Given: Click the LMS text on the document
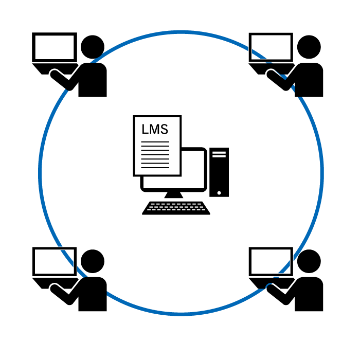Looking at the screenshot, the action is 155,129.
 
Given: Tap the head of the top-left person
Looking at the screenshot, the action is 93,47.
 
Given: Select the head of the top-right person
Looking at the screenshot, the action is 309,47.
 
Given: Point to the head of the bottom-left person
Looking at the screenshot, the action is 93,261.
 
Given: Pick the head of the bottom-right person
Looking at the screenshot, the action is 309,261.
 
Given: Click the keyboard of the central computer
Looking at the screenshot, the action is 176,208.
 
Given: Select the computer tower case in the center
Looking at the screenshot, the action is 219,172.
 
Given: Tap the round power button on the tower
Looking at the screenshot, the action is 219,193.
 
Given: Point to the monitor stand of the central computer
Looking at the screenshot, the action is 174,195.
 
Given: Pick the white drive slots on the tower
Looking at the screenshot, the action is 219,154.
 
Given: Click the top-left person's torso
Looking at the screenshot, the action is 93,80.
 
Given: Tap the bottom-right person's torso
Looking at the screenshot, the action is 309,294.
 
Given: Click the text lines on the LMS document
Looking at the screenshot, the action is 155,155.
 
